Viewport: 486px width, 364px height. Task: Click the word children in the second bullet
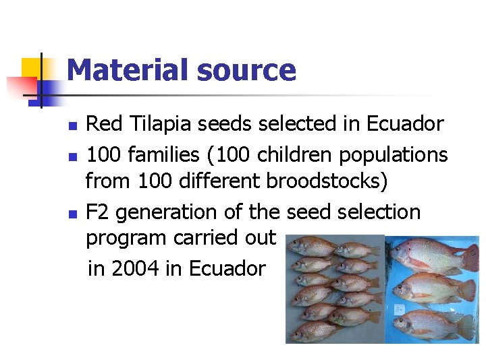tap(290, 154)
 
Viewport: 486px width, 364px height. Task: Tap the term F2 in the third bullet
tap(98, 212)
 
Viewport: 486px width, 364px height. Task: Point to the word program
tap(126, 238)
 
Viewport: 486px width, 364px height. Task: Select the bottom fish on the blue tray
tap(432, 324)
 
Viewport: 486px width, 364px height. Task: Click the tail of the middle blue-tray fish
tap(466, 290)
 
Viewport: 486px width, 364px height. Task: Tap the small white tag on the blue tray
tap(400, 308)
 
